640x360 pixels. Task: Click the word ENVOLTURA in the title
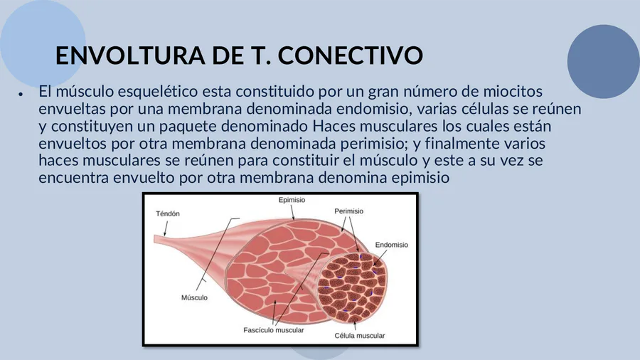click(x=130, y=55)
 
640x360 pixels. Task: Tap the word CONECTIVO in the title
click(x=351, y=55)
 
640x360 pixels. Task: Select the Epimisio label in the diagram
click(x=292, y=200)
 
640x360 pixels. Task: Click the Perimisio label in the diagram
click(x=348, y=211)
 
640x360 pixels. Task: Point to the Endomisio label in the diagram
click(x=391, y=245)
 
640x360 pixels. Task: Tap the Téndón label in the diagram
click(x=168, y=213)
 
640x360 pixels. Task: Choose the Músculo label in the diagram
click(x=194, y=297)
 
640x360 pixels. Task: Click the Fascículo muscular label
click(x=274, y=330)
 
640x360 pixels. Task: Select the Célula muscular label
click(x=360, y=336)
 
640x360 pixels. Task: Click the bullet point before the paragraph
click(x=20, y=94)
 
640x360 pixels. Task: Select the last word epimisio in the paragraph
click(x=420, y=178)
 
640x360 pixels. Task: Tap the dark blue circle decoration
click(x=603, y=61)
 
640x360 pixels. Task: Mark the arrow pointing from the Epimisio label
click(x=292, y=212)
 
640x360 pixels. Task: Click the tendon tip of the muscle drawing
click(x=155, y=239)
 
